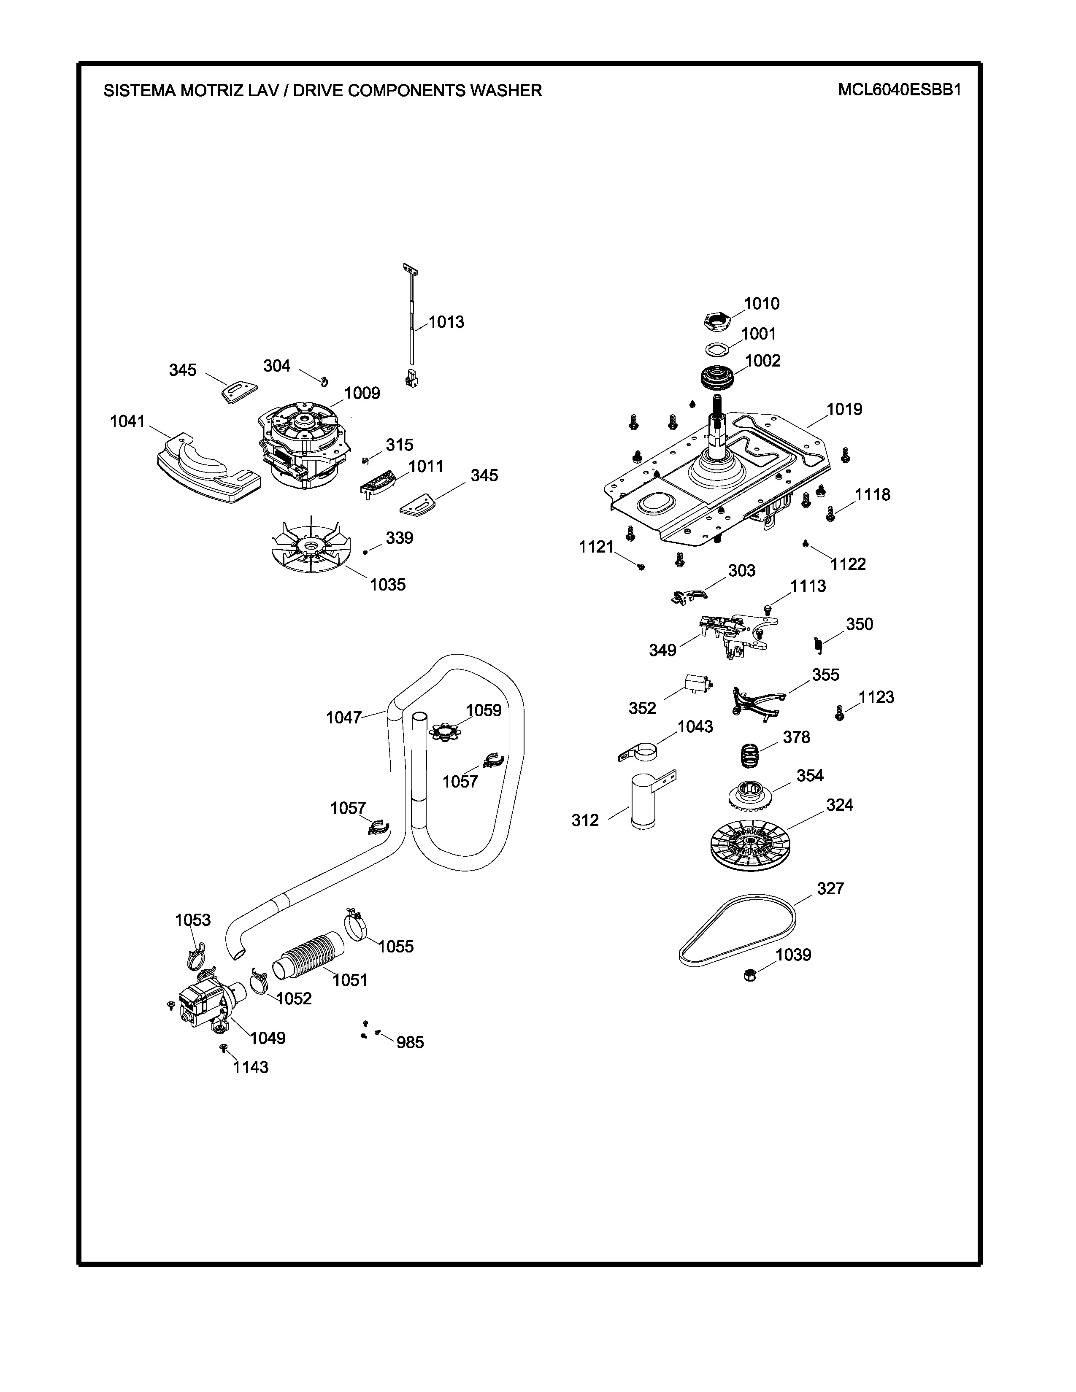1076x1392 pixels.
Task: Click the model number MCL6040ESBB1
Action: (x=899, y=90)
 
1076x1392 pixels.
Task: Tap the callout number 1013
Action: (x=446, y=322)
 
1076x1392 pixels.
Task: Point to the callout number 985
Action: (x=410, y=1042)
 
